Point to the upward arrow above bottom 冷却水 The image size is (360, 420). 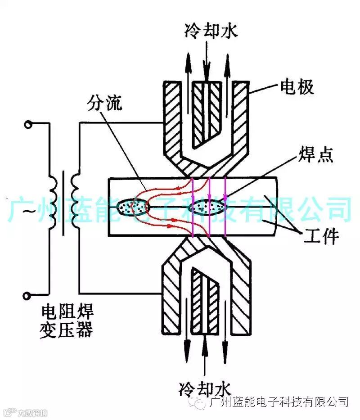pos(205,356)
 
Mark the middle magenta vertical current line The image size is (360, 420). pos(209,207)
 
